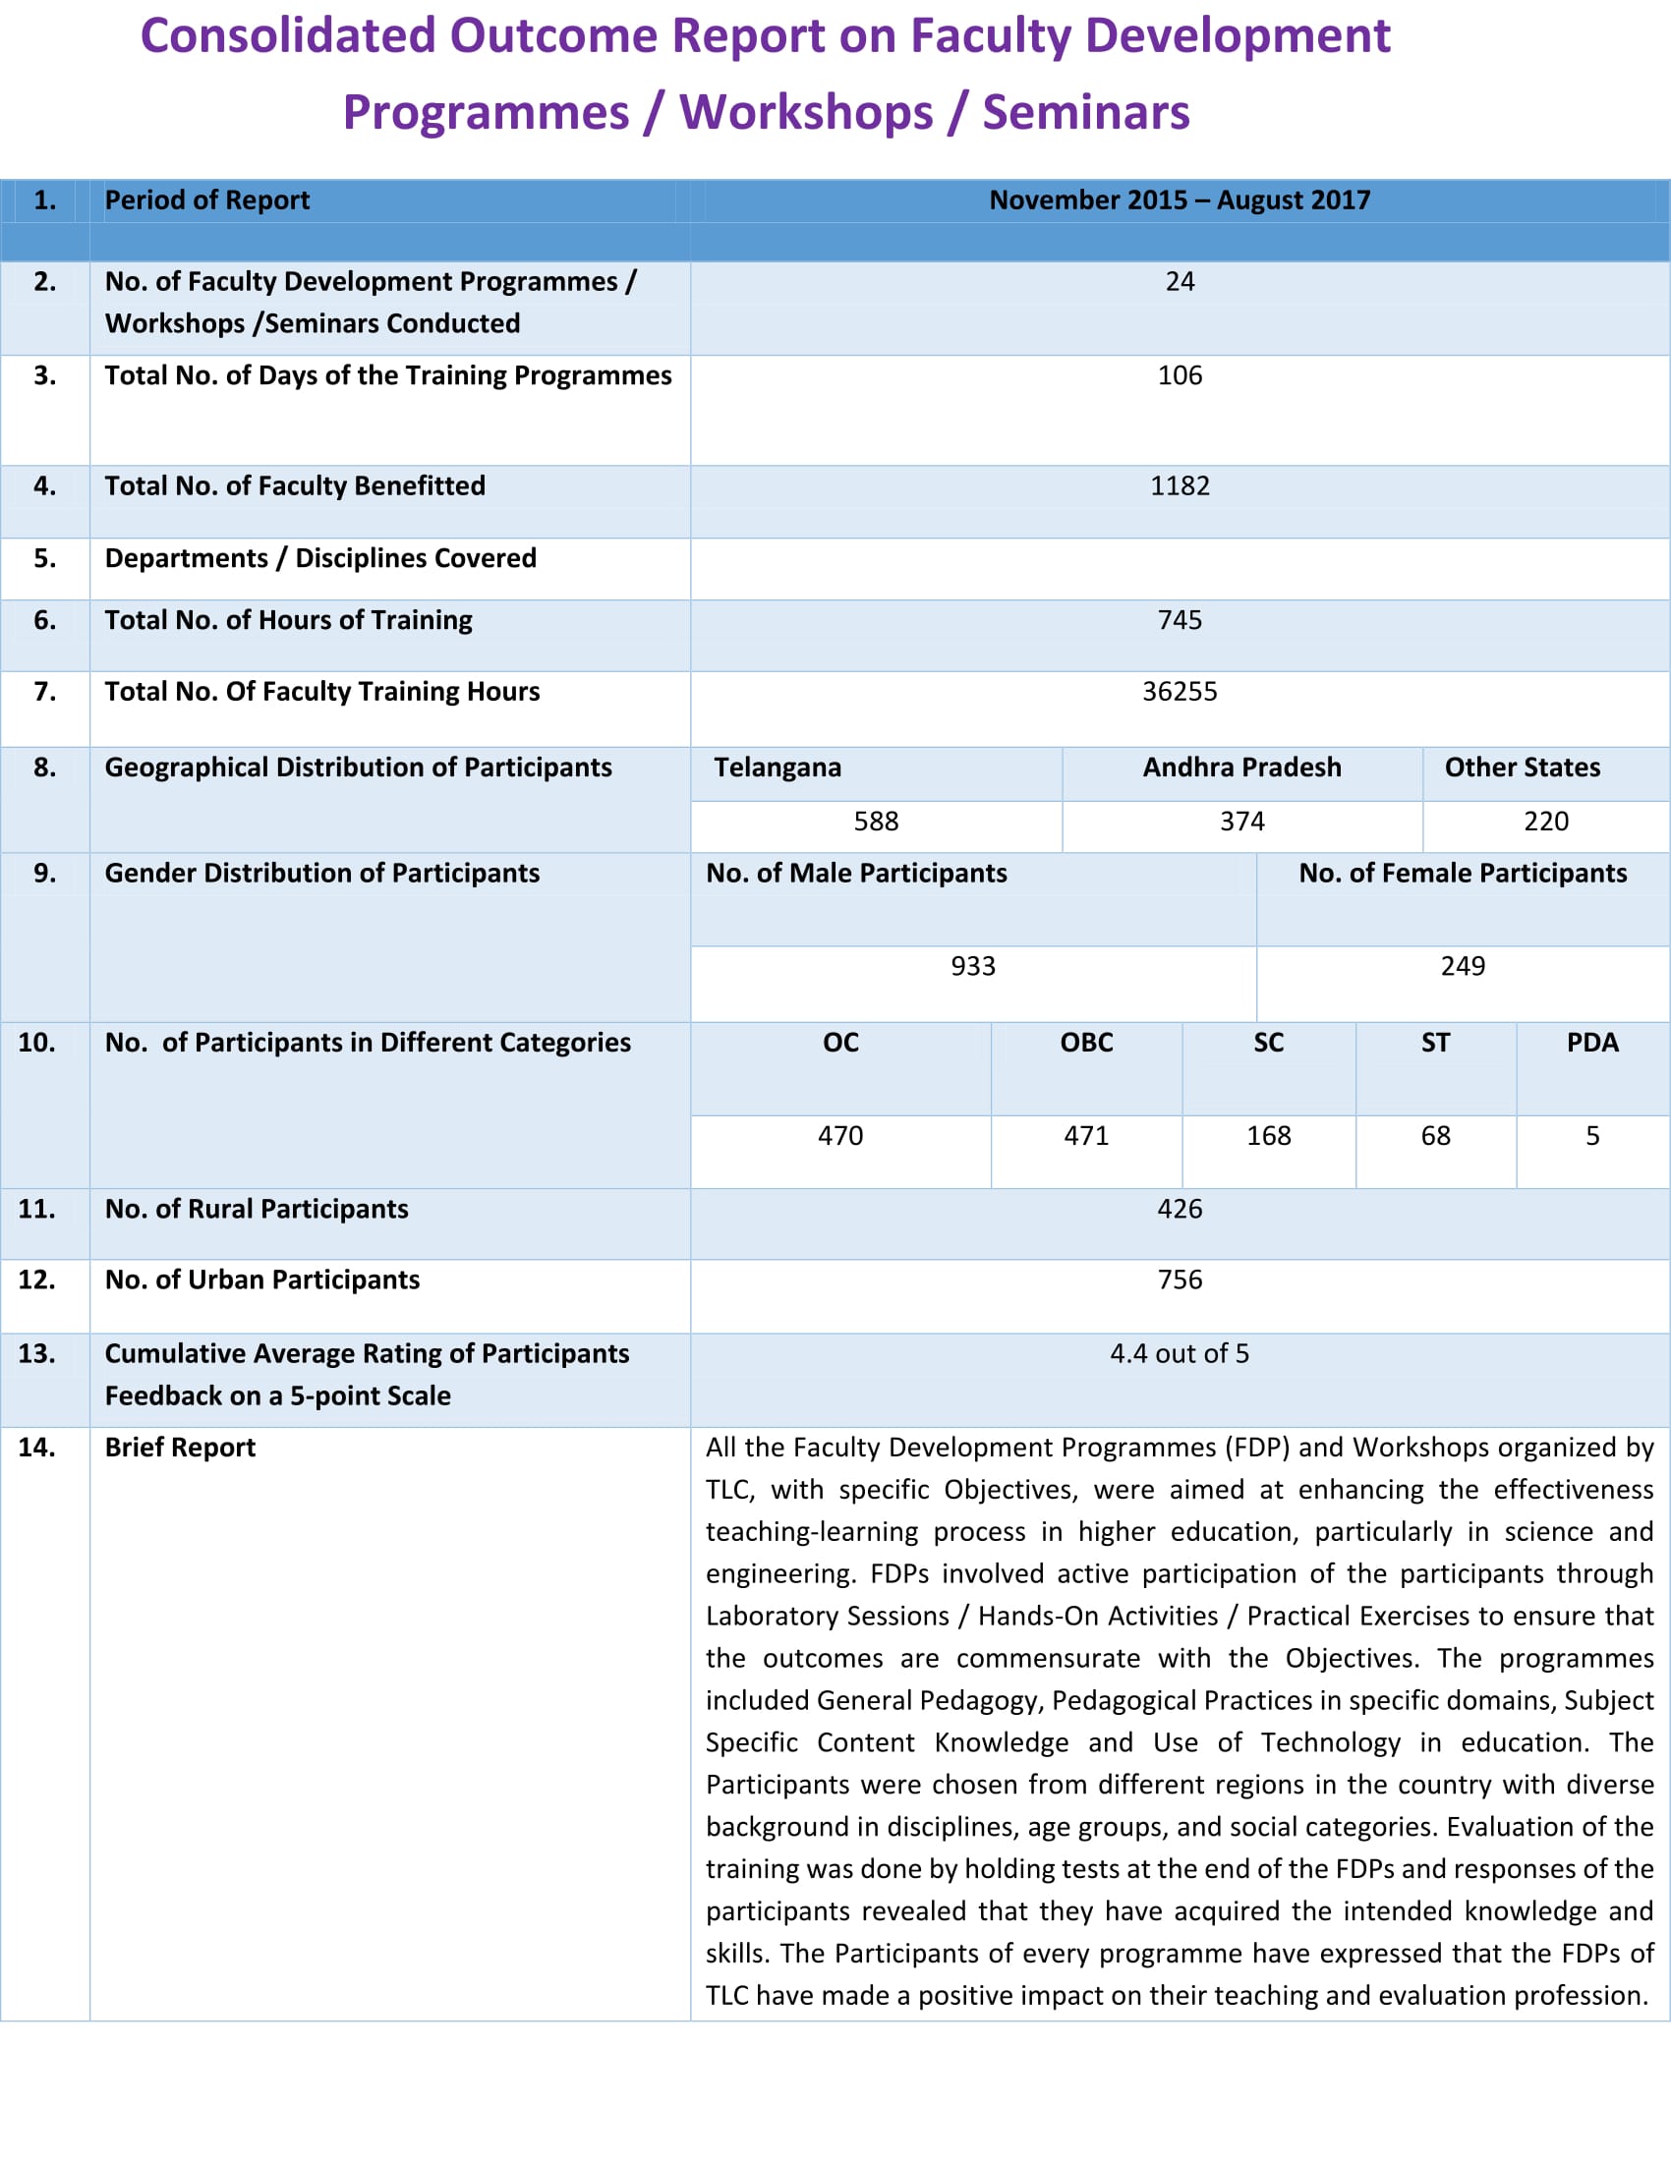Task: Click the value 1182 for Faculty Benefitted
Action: [1179, 486]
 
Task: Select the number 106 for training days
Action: [1179, 376]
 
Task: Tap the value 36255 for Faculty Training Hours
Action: [1179, 692]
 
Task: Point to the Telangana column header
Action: [778, 768]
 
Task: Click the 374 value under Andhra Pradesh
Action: [1241, 822]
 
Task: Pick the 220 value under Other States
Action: [1545, 822]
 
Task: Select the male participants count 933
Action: [972, 967]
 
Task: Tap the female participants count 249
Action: [1463, 967]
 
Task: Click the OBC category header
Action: [1086, 1044]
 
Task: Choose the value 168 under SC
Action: [1268, 1136]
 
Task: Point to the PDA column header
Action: [1591, 1044]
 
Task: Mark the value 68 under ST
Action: [1435, 1136]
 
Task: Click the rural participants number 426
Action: [1179, 1210]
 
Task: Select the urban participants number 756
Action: [1179, 1280]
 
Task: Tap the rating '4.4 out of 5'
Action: [1179, 1354]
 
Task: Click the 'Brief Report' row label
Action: [180, 1449]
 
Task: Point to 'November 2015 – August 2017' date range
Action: [1179, 200]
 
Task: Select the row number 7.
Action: [44, 692]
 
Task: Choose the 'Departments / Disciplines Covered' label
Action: [319, 559]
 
